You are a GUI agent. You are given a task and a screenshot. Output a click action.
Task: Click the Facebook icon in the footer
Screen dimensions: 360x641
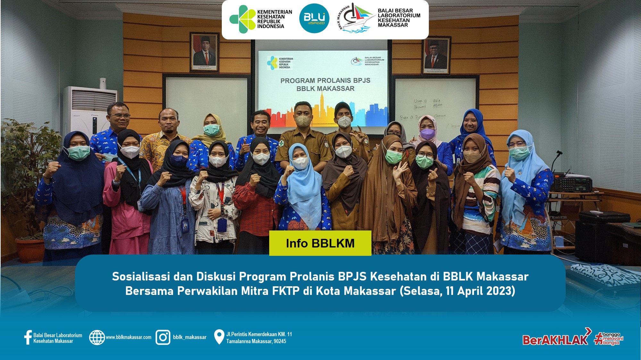tap(28, 338)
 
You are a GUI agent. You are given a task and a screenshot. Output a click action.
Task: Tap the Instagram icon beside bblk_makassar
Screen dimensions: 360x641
tap(163, 337)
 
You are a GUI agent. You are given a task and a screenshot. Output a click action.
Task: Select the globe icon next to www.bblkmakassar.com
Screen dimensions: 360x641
tap(97, 337)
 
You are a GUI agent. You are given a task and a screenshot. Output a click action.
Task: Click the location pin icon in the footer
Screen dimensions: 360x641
tap(219, 337)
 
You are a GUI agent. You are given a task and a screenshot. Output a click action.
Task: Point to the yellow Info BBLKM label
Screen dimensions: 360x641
tap(320, 243)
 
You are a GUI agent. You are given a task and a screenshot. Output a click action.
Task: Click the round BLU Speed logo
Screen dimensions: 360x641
tap(314, 19)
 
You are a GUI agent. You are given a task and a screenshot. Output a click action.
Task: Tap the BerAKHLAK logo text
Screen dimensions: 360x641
tap(555, 339)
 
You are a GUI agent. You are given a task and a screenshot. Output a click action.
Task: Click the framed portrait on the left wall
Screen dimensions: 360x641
tap(204, 52)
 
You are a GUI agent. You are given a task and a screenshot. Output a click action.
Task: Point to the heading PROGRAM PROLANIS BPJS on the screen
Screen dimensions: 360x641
tap(325, 80)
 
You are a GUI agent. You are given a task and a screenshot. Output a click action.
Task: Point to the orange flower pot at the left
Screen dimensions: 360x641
tap(29, 250)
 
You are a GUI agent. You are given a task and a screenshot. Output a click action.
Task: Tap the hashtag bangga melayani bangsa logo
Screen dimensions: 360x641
tap(609, 339)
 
